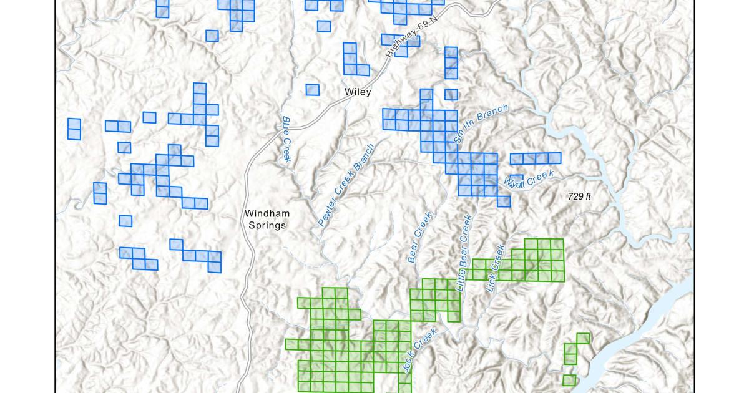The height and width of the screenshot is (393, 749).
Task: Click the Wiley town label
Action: point(358,92)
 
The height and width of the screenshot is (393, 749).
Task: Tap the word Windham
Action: point(267,214)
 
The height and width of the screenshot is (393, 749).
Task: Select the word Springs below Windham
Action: point(267,225)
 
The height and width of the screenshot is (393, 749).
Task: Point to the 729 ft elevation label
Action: point(579,196)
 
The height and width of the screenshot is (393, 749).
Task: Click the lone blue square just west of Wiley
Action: point(312,90)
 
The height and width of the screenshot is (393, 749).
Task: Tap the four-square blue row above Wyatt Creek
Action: point(536,158)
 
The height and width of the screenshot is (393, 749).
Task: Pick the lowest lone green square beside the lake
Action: point(569,380)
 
